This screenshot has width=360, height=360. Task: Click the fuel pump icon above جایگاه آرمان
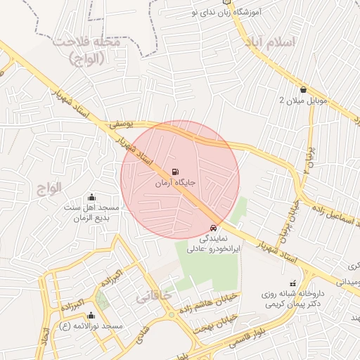pos(174,170)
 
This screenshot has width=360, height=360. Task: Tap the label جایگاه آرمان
pos(174,182)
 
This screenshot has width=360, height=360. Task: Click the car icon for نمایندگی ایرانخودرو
pos(214,228)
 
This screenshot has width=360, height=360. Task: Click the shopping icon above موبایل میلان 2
pos(303,89)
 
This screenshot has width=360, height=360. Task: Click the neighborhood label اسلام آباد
pos(271,43)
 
